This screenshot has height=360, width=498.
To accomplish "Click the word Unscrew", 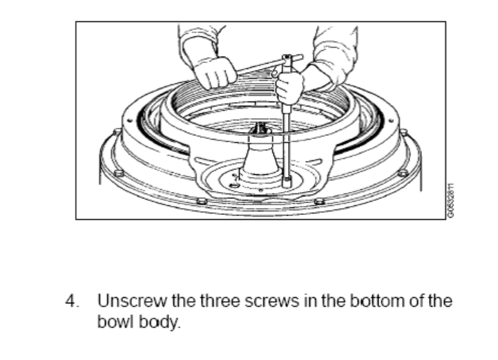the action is tap(131, 301).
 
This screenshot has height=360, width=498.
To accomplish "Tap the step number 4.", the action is tap(72, 301).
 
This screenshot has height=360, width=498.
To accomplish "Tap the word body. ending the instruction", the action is tap(160, 322).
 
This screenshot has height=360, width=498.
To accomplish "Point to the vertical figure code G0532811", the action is tap(450, 201).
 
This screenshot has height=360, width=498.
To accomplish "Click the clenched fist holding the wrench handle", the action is tap(215, 73).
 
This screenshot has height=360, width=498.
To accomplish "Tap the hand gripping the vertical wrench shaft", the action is tap(289, 86).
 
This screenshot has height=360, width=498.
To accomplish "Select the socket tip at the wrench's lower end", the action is tap(287, 182).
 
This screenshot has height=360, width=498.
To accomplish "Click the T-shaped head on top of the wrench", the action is tap(290, 59).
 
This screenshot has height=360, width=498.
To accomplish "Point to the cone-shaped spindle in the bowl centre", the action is tap(260, 152).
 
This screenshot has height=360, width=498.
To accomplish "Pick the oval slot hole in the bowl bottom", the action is tap(234, 185).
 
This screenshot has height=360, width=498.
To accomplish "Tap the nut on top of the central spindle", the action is tap(260, 128).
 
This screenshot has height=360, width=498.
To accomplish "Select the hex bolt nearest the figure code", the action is tap(403, 173).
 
